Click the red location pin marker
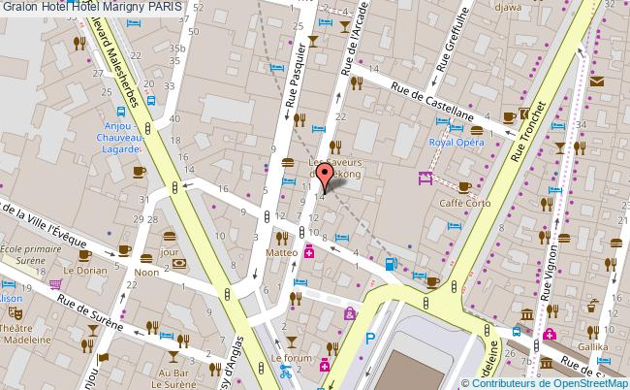point(326,175)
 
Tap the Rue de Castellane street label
point(432,100)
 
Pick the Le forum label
point(293,358)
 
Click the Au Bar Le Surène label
point(174,377)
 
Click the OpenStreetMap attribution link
point(587,382)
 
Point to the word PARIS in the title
point(171,8)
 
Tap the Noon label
point(147,273)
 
